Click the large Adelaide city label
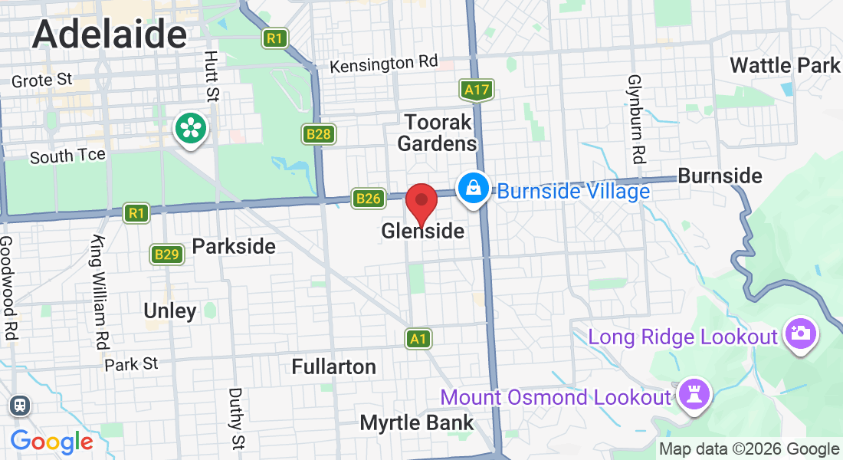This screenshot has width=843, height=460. (110, 34)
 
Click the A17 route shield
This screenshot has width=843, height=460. (476, 90)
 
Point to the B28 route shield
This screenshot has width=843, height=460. (318, 135)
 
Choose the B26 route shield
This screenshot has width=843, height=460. (368, 199)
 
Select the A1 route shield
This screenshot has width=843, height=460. (418, 338)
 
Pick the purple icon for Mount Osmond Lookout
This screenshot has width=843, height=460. (696, 396)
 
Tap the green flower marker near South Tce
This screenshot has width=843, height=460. (189, 127)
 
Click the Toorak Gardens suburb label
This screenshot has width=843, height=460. (438, 132)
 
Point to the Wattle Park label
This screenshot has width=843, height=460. (785, 65)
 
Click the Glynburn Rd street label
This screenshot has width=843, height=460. (635, 119)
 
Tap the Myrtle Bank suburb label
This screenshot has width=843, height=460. (417, 422)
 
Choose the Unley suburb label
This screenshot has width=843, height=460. (170, 310)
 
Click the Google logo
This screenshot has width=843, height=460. (51, 442)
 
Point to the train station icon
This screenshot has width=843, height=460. (19, 405)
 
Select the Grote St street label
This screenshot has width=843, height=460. (42, 80)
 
